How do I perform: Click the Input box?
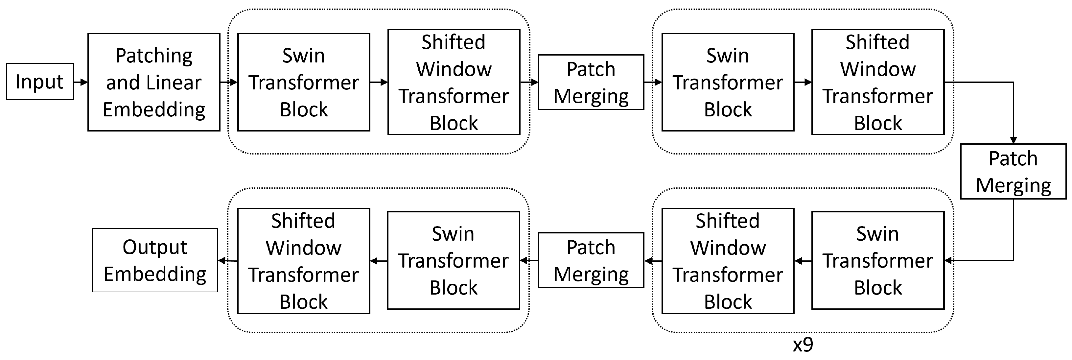tap(39, 82)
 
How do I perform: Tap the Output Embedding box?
tap(155, 260)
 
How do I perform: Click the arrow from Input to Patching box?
tap(81, 82)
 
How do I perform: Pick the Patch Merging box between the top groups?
tap(591, 83)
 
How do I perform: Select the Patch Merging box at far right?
tap(1013, 172)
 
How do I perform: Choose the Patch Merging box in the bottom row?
tap(591, 260)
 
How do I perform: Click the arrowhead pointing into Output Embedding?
tap(222, 261)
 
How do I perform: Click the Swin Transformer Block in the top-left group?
tap(303, 83)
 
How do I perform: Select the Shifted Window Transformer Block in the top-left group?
tap(454, 83)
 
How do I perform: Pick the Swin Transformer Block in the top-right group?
tap(728, 83)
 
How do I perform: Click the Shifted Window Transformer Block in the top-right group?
tap(878, 83)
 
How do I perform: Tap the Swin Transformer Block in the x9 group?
tap(878, 260)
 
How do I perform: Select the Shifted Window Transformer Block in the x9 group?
tap(728, 261)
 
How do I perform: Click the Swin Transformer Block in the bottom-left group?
tap(453, 260)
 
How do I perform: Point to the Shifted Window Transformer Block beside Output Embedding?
tap(303, 261)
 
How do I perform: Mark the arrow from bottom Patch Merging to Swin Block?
tap(529, 261)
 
